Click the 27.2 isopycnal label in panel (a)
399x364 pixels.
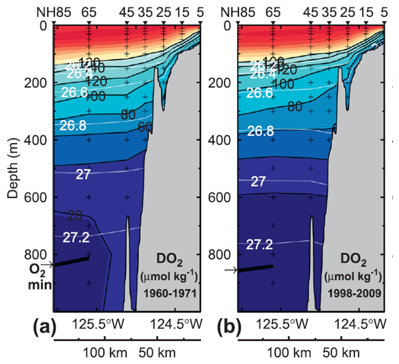point(76,237)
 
